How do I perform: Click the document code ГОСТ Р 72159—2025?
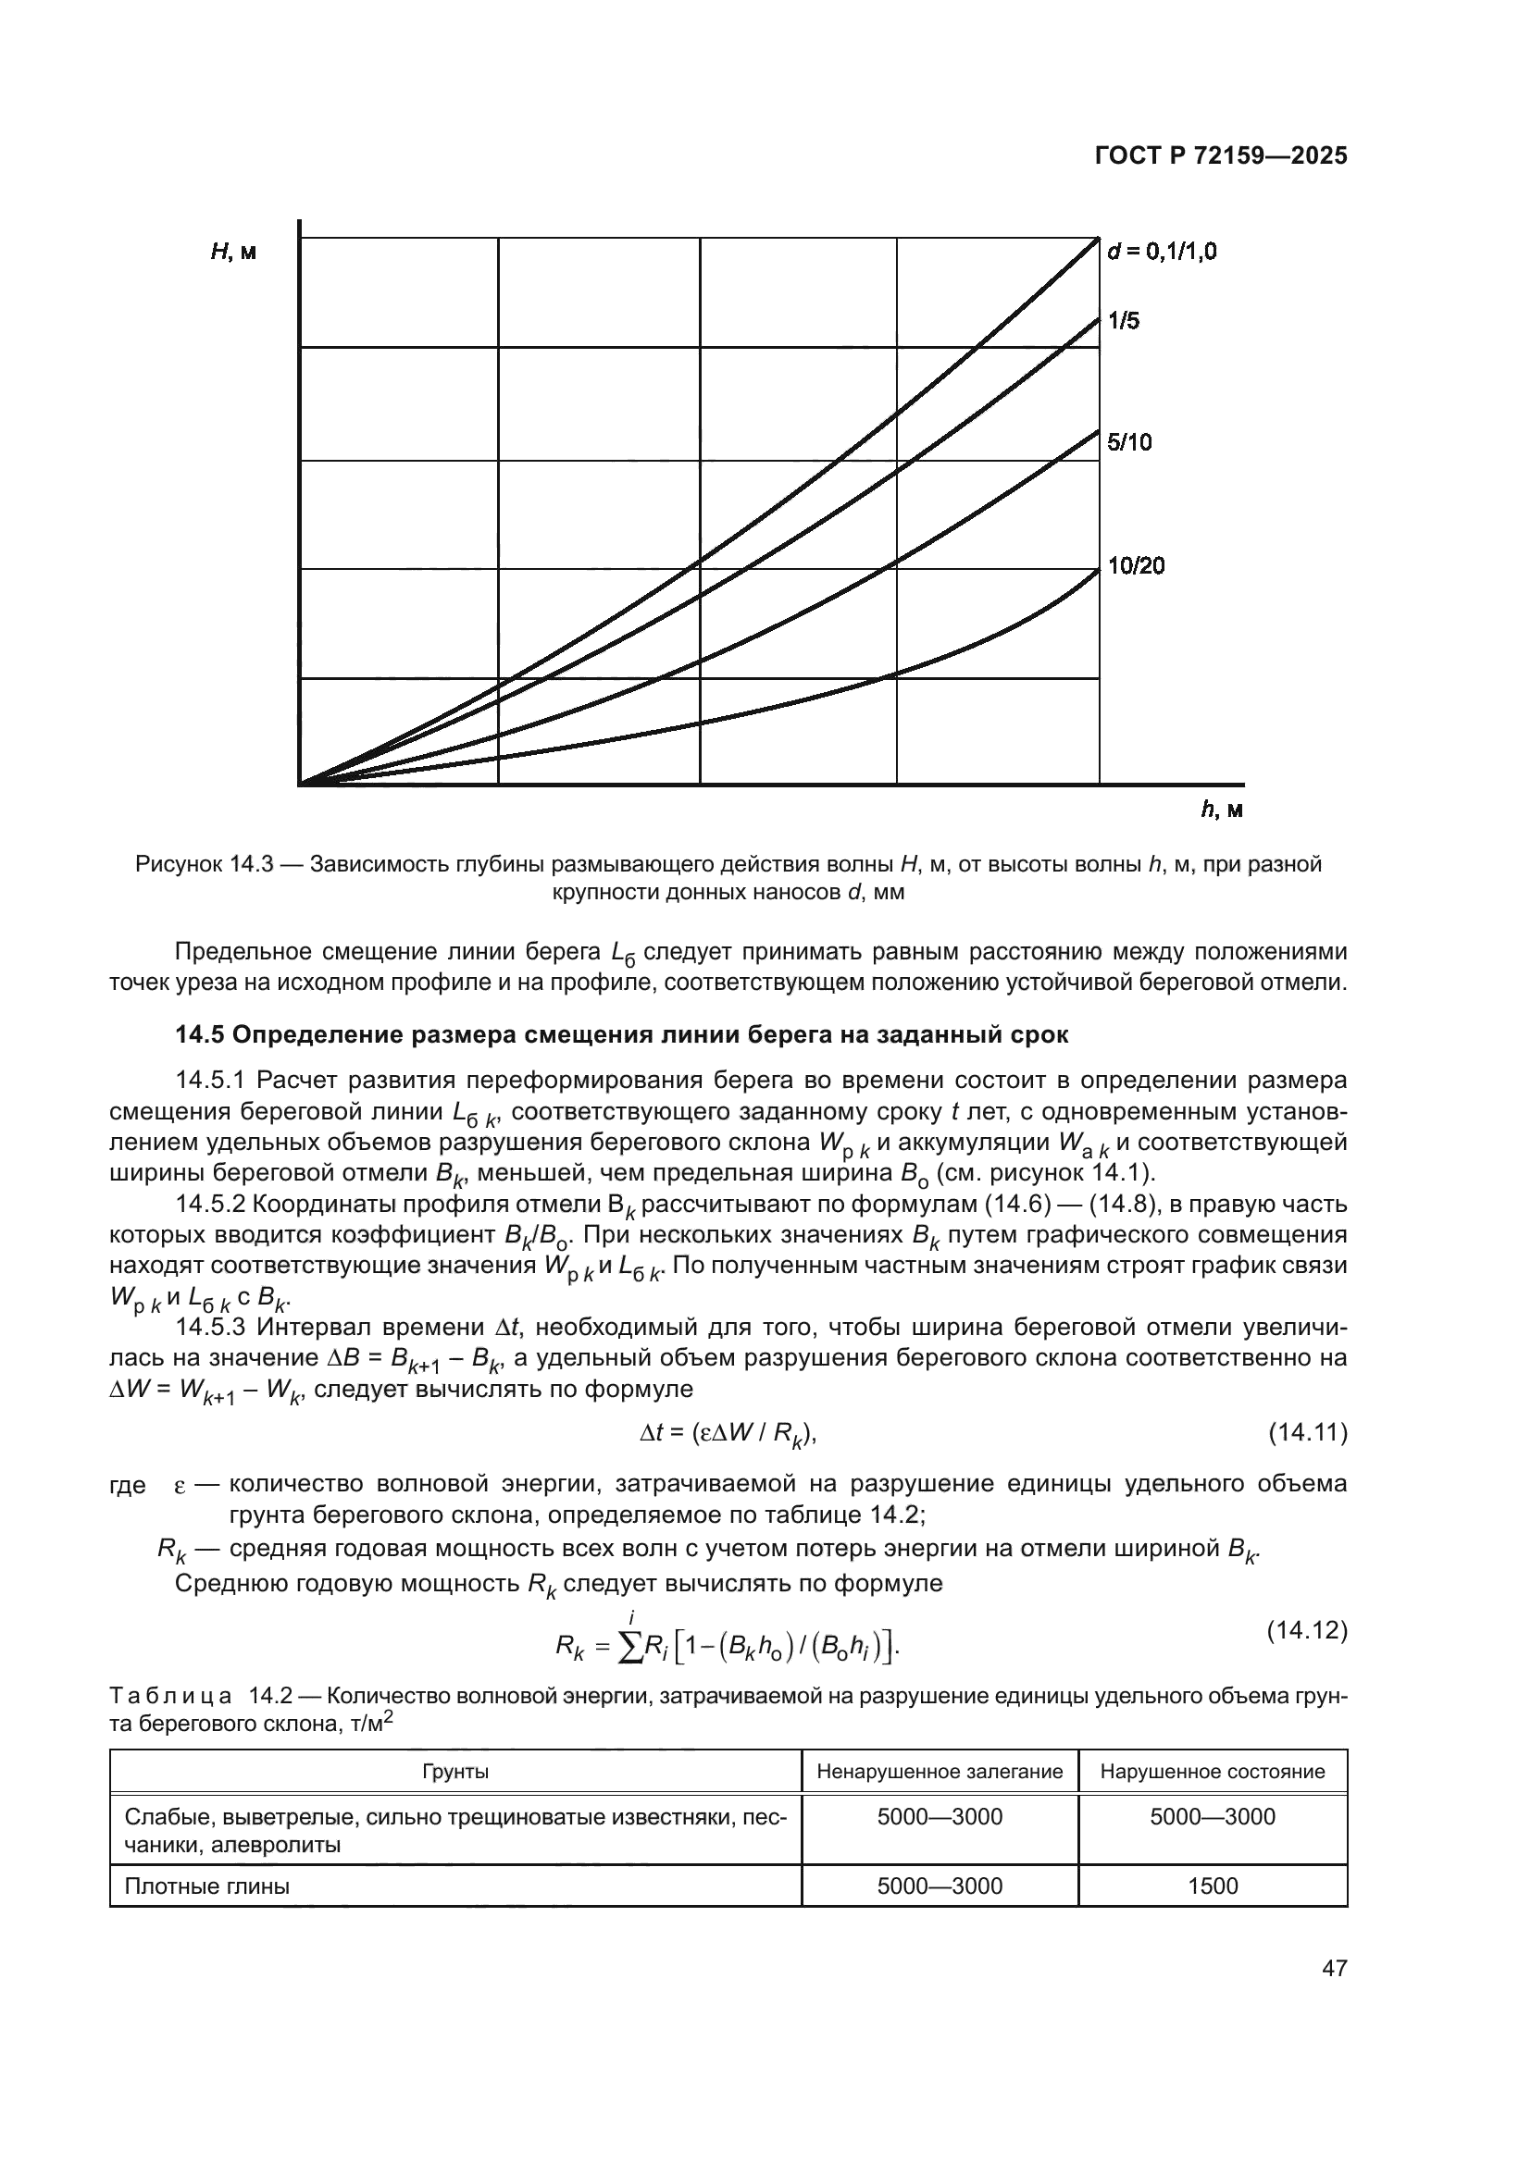pyautogui.click(x=1221, y=156)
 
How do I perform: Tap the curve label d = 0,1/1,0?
pyautogui.click(x=1162, y=252)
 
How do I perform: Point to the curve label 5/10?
pyautogui.click(x=1129, y=443)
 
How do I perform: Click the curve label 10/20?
pyautogui.click(x=1135, y=566)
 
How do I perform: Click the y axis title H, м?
pyautogui.click(x=233, y=253)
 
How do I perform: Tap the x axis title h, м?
pyautogui.click(x=1221, y=810)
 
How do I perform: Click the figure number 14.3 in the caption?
pyautogui.click(x=249, y=864)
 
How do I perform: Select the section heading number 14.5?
pyautogui.click(x=200, y=1035)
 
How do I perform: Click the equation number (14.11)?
pyautogui.click(x=1307, y=1433)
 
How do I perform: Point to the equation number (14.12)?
pyautogui.click(x=1307, y=1629)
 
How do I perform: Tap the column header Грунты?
pyautogui.click(x=455, y=1772)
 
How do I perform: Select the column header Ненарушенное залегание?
pyautogui.click(x=939, y=1772)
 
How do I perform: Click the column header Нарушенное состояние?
pyautogui.click(x=1213, y=1772)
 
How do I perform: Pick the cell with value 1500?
pyautogui.click(x=1213, y=1886)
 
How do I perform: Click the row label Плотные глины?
pyautogui.click(x=207, y=1886)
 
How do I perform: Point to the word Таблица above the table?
pyautogui.click(x=170, y=1697)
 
